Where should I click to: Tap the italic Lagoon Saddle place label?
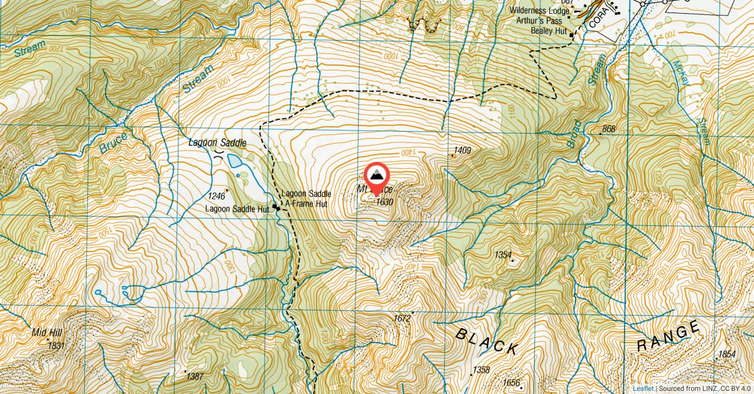[217, 143]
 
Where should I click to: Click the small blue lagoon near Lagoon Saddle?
[234, 161]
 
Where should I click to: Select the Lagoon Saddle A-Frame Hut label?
[308, 199]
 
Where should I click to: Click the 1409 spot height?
[462, 151]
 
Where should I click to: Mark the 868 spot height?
[608, 130]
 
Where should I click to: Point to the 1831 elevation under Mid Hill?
[56, 345]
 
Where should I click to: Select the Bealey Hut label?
[549, 29]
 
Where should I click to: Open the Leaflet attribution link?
[643, 388]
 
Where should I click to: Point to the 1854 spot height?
[726, 354]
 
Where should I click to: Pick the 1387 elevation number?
[195, 376]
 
